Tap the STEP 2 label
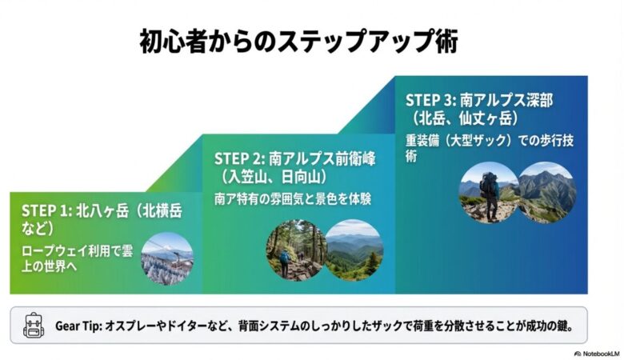pos(239,158)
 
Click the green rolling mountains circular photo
pos(354,250)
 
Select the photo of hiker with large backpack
pos(489,192)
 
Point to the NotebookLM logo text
pos(596,353)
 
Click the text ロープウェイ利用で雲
pos(77,250)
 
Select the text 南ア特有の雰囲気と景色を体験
pos(294,197)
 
